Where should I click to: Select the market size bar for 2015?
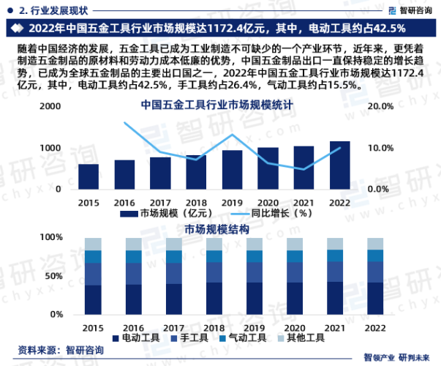tap(88, 176)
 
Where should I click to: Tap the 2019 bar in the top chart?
tap(232, 169)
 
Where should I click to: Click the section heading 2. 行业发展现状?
tap(53, 10)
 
